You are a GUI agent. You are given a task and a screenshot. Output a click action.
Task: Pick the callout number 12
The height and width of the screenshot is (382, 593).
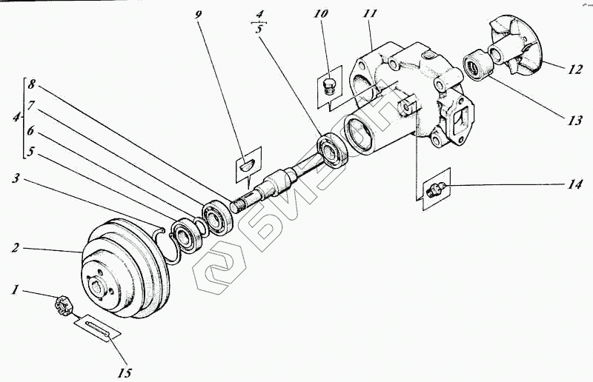click(x=575, y=71)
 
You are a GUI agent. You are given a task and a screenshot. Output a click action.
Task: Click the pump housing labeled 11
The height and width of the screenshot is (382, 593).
click(x=415, y=96)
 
